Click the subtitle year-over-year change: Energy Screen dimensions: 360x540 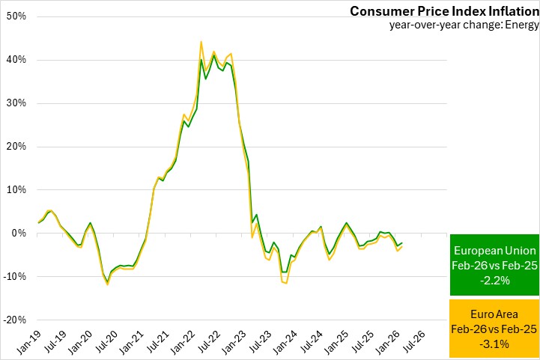tap(464, 25)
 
